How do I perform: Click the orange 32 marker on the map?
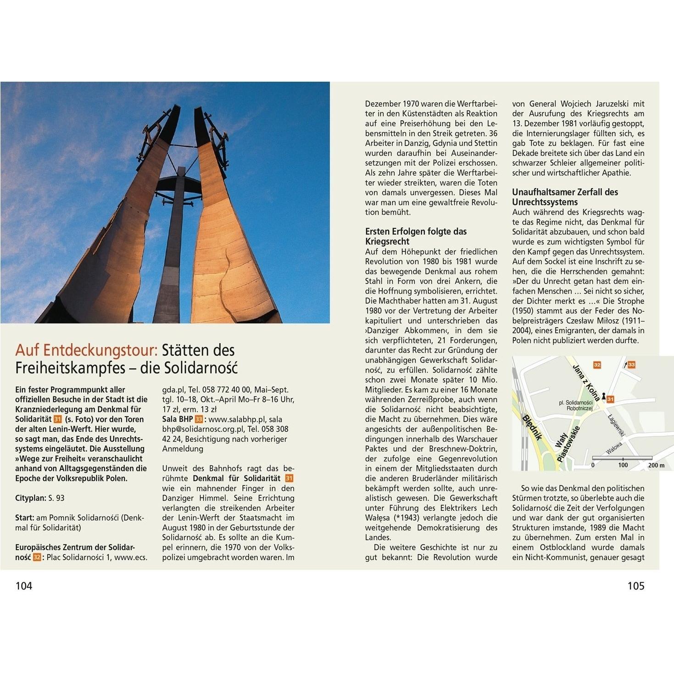point(597,365)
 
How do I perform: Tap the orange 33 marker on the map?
point(631,364)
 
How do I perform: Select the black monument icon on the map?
point(603,395)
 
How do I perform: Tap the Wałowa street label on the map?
point(614,448)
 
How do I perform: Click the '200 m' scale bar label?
point(656,465)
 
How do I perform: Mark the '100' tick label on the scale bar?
point(623,465)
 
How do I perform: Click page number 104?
point(24,586)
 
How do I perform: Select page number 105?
point(635,586)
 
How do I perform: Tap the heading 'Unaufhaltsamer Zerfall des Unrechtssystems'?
point(565,197)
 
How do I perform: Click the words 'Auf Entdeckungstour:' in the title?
point(86,351)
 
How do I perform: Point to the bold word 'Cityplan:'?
point(31,498)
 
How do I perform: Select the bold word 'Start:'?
point(25,518)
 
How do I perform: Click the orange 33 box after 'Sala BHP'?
point(199,419)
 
